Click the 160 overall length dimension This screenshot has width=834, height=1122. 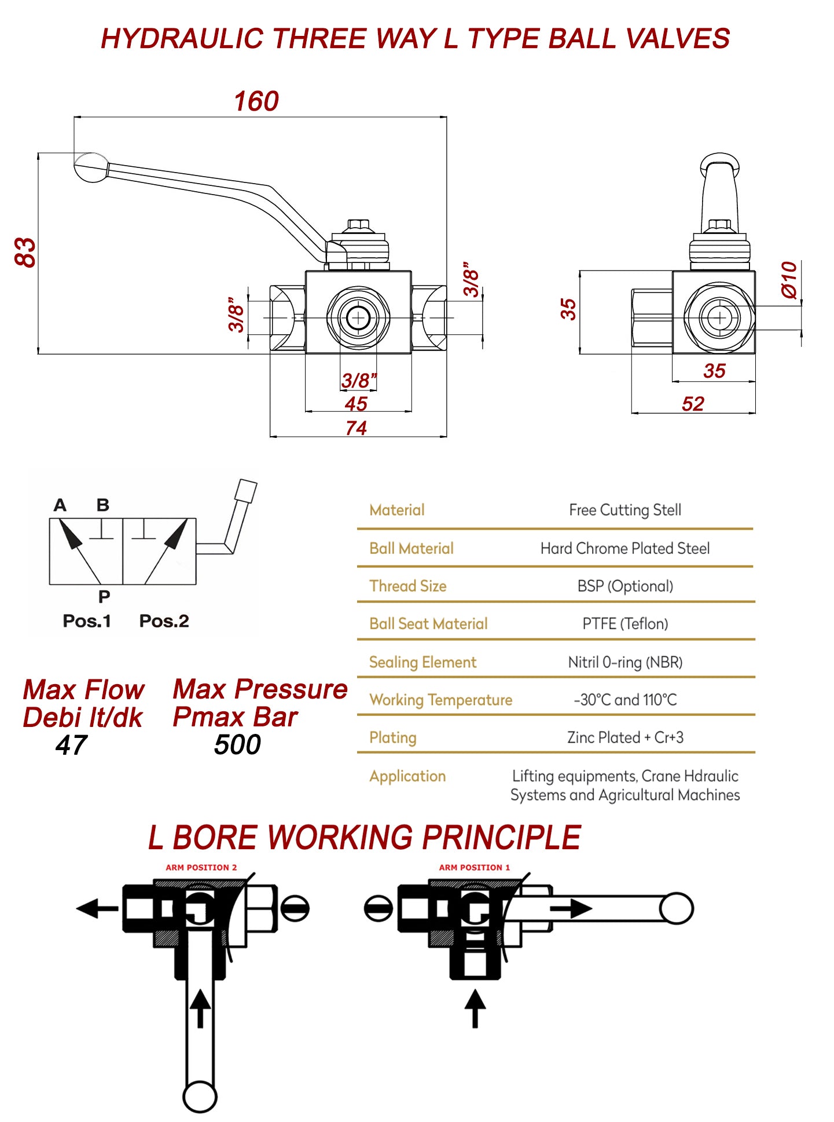click(256, 101)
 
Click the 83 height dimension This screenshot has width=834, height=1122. click(25, 253)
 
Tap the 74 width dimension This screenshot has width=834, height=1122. click(356, 428)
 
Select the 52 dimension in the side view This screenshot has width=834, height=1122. click(693, 404)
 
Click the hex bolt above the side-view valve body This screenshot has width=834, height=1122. click(719, 225)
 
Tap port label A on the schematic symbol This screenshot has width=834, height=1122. click(60, 505)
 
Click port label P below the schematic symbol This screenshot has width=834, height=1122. click(104, 596)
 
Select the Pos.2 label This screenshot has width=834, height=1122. click(164, 621)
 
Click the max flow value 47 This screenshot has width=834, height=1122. click(72, 745)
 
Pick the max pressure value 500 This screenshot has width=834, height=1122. click(237, 744)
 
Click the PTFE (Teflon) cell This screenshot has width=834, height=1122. click(625, 624)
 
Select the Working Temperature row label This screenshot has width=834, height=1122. click(440, 700)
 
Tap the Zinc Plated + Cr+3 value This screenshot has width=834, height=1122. click(625, 737)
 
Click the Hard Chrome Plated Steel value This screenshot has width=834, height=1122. click(625, 549)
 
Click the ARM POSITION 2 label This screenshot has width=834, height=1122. click(201, 867)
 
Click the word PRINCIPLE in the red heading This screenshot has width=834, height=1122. click(501, 838)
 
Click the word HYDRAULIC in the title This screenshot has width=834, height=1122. click(182, 39)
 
